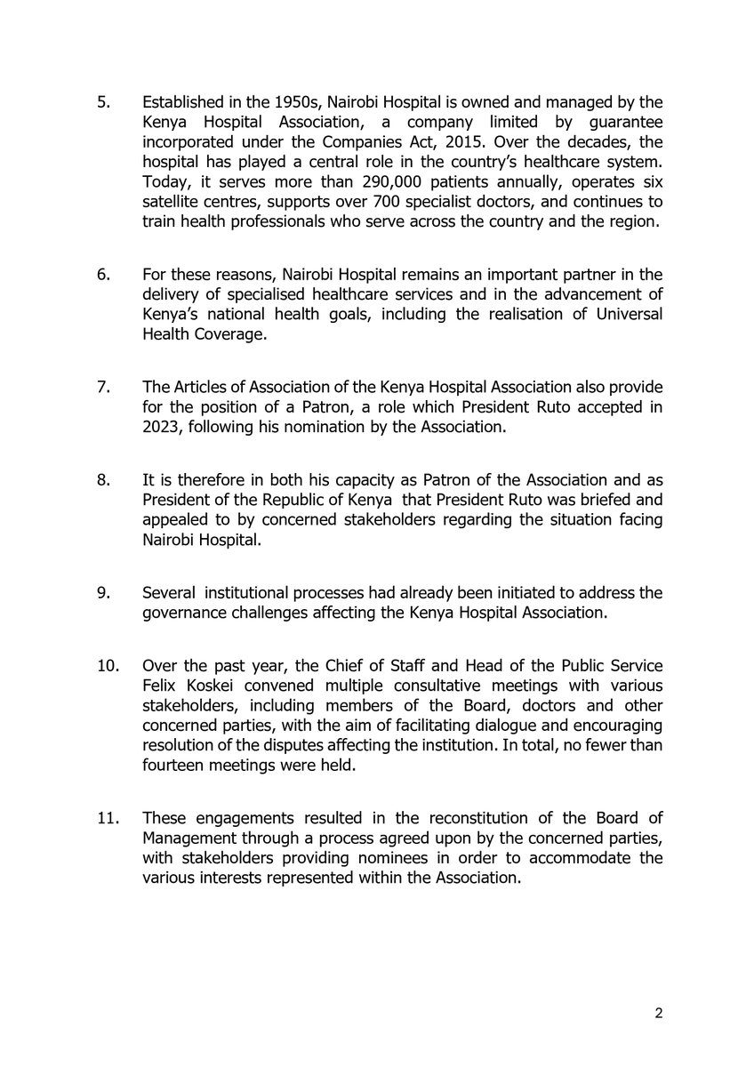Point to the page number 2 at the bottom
(658, 1013)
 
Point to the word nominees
(407, 856)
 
